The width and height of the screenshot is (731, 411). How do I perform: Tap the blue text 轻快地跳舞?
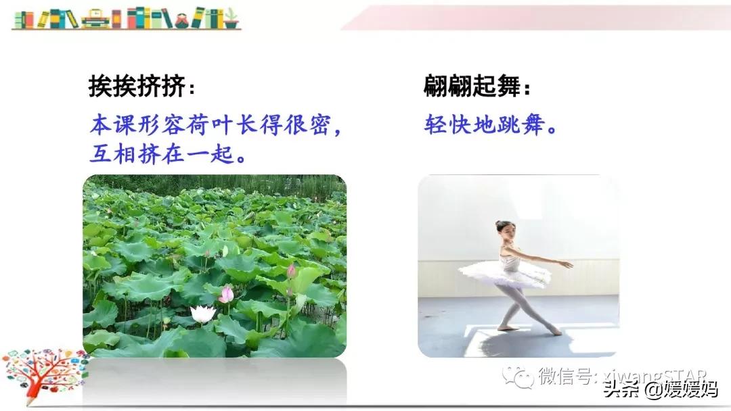(486, 125)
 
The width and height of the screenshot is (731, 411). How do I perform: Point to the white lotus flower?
(202, 314)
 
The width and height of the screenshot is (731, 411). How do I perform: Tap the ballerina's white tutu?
(504, 273)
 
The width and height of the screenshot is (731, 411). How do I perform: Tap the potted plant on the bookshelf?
(231, 18)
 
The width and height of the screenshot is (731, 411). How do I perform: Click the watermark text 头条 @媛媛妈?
(660, 389)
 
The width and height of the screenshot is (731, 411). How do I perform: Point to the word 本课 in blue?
(111, 125)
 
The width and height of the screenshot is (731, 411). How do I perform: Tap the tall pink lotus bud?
(291, 271)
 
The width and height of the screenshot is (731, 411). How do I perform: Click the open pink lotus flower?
(226, 294)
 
